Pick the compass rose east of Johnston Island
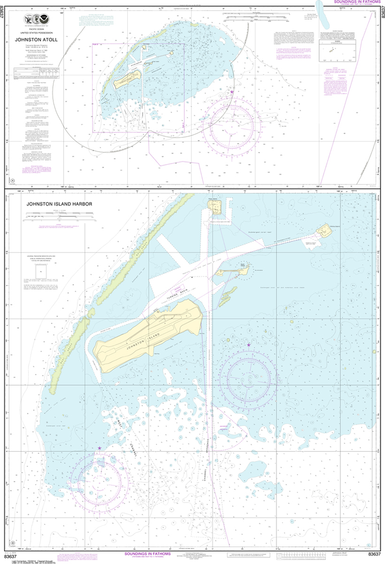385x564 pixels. pyautogui.click(x=245, y=376)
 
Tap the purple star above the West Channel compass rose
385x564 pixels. pyautogui.click(x=99, y=448)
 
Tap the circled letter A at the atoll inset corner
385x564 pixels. pyautogui.click(x=12, y=180)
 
